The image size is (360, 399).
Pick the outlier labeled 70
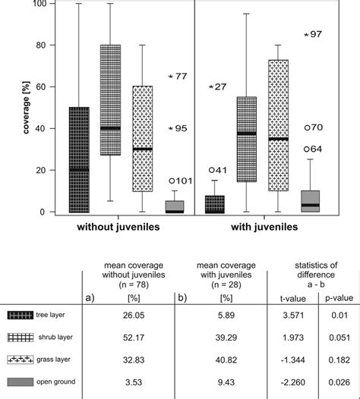coord(307,128)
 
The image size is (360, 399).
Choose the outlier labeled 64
coord(307,149)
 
